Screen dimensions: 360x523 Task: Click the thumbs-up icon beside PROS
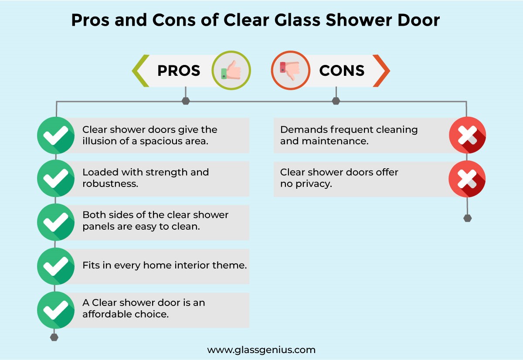tap(231, 70)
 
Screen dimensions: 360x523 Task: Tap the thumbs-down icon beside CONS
tap(290, 70)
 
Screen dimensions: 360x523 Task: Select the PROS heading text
tap(179, 71)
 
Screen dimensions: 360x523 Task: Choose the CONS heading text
tap(342, 71)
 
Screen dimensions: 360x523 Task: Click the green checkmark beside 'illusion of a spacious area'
tap(55, 135)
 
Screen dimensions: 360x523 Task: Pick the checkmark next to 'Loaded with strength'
tap(55, 178)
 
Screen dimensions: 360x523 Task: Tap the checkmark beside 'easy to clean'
tap(55, 222)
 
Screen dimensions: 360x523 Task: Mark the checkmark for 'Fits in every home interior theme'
tap(55, 266)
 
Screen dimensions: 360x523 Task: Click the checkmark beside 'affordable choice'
tap(55, 309)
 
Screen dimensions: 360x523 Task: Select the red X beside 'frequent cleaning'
tap(467, 135)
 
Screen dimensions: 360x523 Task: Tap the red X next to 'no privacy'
tap(467, 179)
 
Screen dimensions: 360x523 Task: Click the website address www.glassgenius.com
tap(261, 350)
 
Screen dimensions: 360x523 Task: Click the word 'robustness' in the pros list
tap(110, 183)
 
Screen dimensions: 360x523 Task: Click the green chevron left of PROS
tap(140, 71)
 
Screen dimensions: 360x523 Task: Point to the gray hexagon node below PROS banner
tap(186, 101)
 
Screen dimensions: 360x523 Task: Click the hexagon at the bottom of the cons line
tap(467, 218)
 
